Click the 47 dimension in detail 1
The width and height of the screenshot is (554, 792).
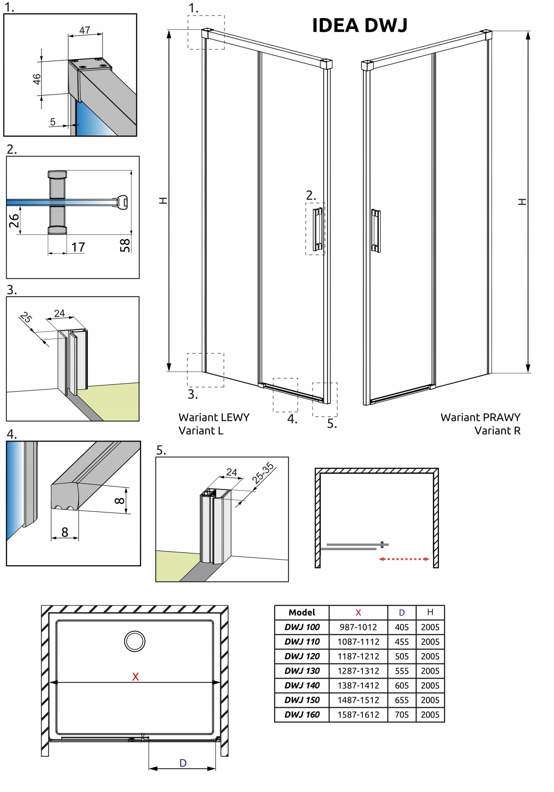[x=84, y=30]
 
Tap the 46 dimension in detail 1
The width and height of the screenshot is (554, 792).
[x=37, y=79]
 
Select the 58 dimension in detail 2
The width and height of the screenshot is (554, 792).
[x=125, y=245]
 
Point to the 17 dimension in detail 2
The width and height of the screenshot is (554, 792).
[x=78, y=247]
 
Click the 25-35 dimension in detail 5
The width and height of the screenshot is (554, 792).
[x=263, y=473]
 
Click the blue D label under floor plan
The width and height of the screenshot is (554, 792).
[x=183, y=763]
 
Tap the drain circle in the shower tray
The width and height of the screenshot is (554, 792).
[x=135, y=641]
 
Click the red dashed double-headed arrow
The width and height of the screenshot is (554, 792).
[x=404, y=559]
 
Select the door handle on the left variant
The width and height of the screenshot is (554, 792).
[x=318, y=229]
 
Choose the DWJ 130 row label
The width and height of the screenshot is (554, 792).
[x=302, y=671]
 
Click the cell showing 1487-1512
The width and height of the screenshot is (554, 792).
[x=358, y=700]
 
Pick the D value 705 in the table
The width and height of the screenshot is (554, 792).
[x=402, y=714]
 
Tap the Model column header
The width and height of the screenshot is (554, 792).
[x=302, y=613]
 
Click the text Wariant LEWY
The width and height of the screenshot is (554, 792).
[x=214, y=417]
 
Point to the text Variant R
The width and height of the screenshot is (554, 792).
[x=497, y=430]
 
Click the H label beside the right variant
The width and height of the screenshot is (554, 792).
[x=522, y=202]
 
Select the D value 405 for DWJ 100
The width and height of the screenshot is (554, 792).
[x=402, y=627]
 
